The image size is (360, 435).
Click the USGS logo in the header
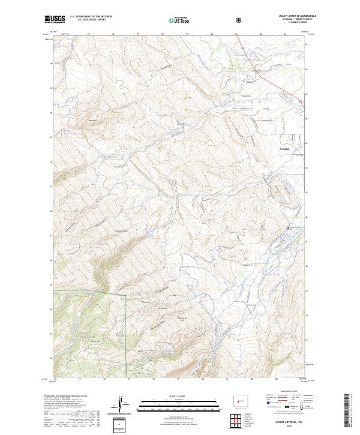tap(55, 19)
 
